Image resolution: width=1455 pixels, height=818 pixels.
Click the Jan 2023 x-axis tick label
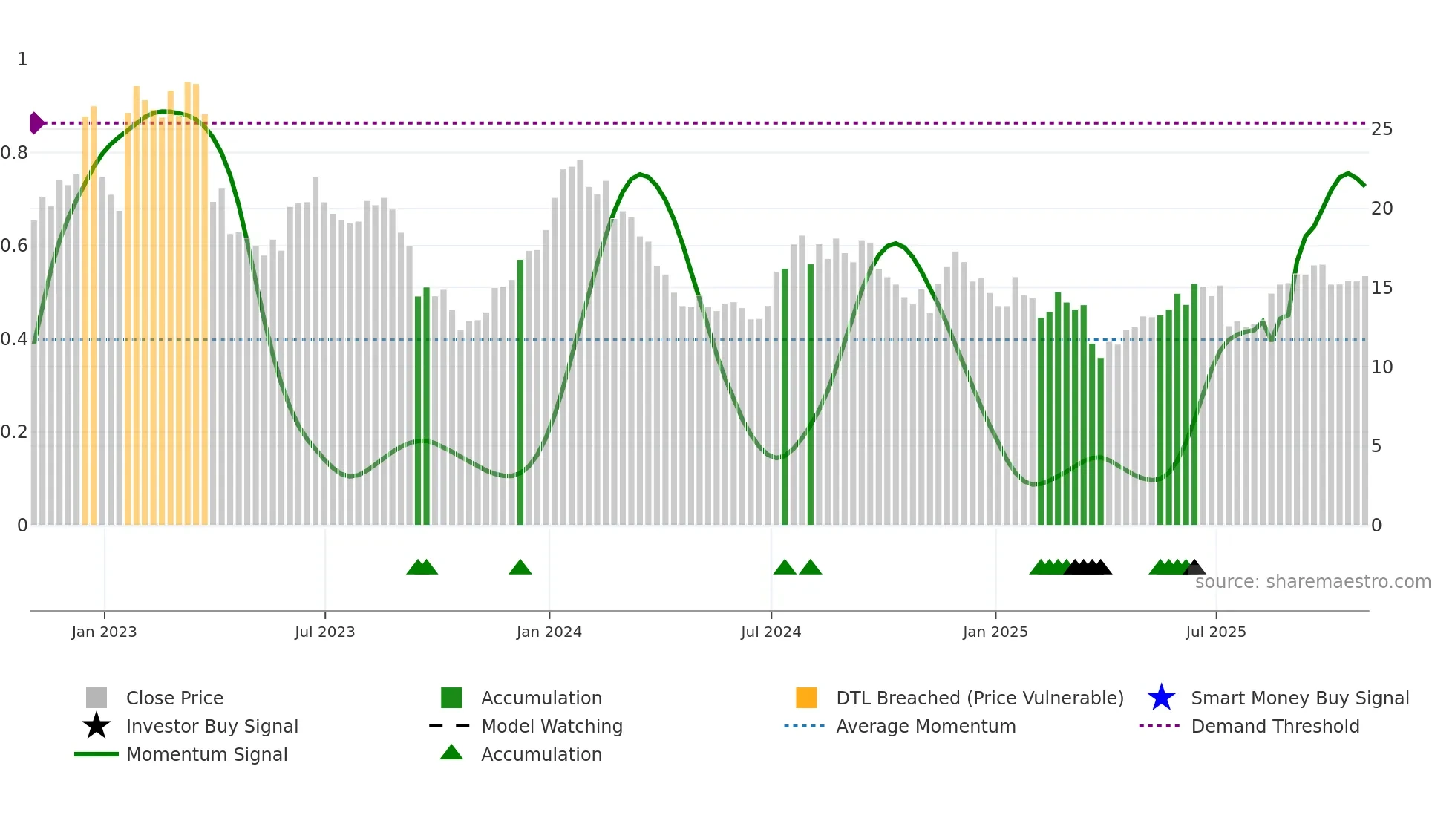[x=104, y=632]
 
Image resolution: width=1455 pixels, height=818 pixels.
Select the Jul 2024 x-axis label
[x=771, y=632]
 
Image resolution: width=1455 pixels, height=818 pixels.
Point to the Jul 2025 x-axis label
[x=1215, y=632]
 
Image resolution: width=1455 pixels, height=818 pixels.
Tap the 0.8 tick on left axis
[x=14, y=153]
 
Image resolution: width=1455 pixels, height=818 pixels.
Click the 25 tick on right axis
[x=1382, y=129]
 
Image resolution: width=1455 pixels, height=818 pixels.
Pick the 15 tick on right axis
[x=1382, y=288]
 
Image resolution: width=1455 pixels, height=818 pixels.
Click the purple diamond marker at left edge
[x=36, y=123]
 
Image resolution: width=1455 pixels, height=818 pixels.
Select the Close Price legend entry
[x=174, y=698]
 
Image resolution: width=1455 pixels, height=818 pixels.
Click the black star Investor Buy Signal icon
[x=97, y=726]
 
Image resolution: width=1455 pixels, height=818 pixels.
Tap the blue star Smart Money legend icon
[x=1161, y=698]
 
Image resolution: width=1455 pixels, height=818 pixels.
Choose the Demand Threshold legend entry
[x=1275, y=726]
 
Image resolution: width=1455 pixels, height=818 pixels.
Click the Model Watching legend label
[x=552, y=726]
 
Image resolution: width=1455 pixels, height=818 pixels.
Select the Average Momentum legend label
[x=926, y=726]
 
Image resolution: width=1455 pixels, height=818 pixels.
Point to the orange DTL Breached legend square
[x=806, y=698]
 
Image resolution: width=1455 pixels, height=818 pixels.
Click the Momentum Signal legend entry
[x=206, y=754]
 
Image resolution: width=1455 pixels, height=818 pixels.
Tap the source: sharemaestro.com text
[x=1312, y=582]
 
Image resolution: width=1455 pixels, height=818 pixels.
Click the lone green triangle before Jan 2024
[x=520, y=568]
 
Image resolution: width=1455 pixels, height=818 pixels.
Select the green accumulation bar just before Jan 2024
[x=520, y=393]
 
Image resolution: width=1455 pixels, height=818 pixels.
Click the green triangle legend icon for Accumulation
[x=451, y=753]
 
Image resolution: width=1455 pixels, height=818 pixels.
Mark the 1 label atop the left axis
[x=22, y=59]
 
